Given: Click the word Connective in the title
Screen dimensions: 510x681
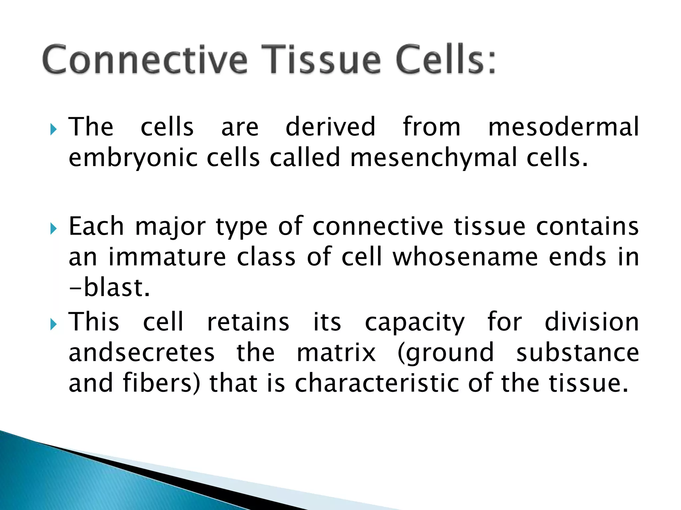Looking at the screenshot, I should (x=145, y=60).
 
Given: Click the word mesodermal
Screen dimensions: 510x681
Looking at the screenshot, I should (x=563, y=127).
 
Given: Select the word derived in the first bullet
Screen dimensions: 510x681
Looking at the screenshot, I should (x=331, y=127).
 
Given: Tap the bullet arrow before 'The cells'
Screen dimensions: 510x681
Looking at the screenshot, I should (x=53, y=129).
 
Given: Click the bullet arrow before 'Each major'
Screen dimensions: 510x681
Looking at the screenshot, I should (x=53, y=229).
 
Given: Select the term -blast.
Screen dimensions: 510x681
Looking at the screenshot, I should (x=109, y=288).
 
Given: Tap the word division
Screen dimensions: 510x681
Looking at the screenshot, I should (x=592, y=322).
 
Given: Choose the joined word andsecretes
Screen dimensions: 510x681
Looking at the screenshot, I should (x=142, y=353).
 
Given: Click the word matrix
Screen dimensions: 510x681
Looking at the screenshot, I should (x=336, y=353).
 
